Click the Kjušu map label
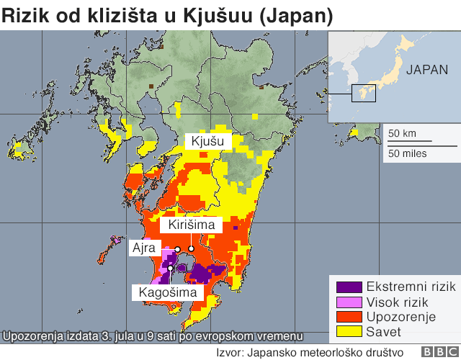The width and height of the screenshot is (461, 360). tap(207, 142)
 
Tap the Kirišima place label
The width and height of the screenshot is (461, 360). tap(192, 225)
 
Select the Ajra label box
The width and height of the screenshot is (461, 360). tap(143, 248)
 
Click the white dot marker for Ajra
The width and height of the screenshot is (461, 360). tap(177, 249)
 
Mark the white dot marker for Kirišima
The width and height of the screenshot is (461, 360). tap(192, 249)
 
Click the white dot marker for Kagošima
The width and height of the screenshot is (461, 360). tap(171, 269)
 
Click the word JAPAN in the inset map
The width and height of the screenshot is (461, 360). tap(428, 70)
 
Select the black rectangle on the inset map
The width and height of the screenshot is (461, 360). tap(364, 93)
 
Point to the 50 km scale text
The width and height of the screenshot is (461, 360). tap(402, 133)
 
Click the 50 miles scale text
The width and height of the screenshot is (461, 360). tap(407, 153)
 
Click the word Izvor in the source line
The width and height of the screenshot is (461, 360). tap(230, 352)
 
